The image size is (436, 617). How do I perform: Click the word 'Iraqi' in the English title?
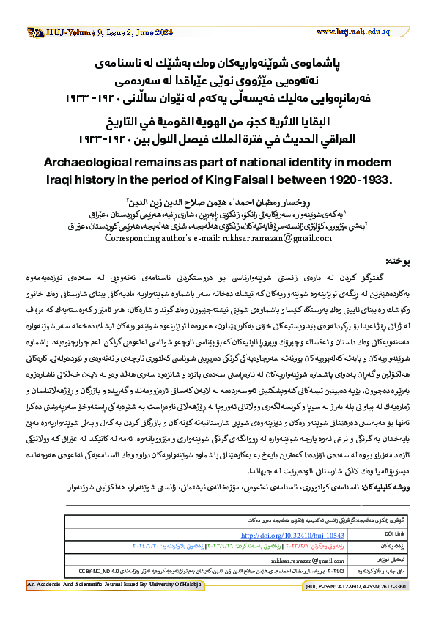(61, 158)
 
